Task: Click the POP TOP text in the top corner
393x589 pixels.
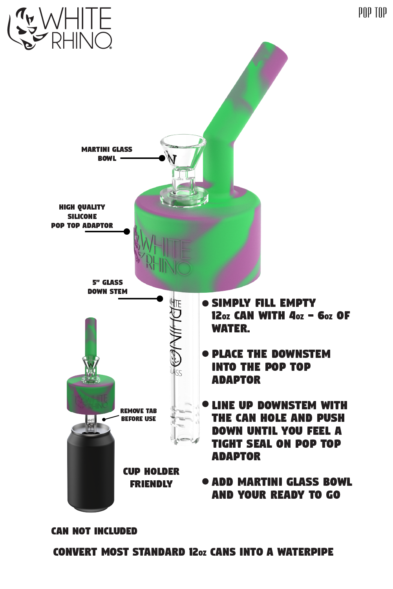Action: click(372, 13)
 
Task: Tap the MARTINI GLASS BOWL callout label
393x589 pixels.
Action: click(107, 154)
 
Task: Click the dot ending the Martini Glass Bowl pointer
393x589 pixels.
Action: click(162, 158)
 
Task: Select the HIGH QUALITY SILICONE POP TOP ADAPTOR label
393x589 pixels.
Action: click(82, 216)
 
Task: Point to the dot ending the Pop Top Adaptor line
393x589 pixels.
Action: click(127, 232)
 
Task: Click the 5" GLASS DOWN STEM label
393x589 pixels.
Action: click(107, 287)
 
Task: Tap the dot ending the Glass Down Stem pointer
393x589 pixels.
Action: click(160, 299)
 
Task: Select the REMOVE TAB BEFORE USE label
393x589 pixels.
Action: click(138, 415)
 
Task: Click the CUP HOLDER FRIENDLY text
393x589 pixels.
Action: click(151, 478)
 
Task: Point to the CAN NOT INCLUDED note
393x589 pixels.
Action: click(94, 531)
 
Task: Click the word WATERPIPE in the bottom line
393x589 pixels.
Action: click(305, 552)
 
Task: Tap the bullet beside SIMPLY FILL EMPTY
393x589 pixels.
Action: click(205, 303)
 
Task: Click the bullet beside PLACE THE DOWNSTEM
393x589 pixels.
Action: click(205, 354)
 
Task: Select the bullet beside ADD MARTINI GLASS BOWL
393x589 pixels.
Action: click(205, 481)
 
